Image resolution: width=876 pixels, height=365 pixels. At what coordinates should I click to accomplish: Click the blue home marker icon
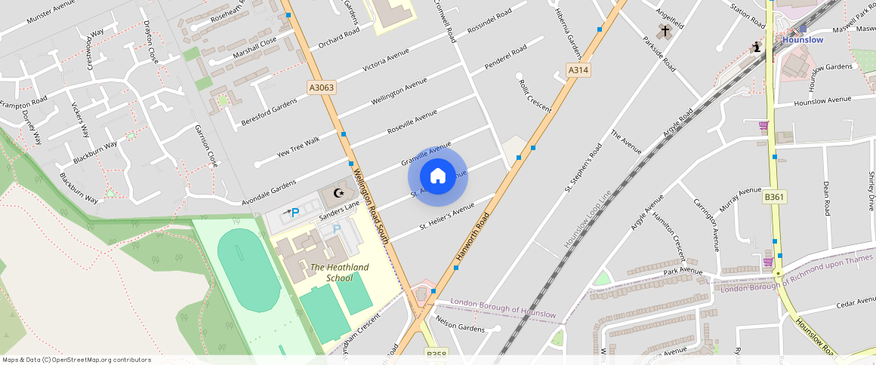(x=438, y=176)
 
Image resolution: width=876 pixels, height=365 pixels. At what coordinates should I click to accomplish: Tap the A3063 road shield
(x=322, y=87)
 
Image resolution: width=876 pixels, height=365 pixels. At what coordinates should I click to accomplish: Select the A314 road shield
(x=578, y=70)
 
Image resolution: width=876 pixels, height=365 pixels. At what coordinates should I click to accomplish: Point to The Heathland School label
(x=339, y=272)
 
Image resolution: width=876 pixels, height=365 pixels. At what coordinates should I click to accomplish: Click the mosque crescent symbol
(x=338, y=194)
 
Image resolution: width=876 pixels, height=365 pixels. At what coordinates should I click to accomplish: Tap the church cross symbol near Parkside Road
(x=665, y=32)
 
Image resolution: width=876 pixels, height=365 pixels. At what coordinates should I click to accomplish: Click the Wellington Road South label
(x=371, y=205)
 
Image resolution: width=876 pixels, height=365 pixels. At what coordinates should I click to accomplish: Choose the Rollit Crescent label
(x=535, y=96)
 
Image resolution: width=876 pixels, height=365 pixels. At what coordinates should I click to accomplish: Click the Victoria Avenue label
(x=386, y=60)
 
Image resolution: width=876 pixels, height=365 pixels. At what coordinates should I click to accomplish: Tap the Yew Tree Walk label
(x=298, y=145)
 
